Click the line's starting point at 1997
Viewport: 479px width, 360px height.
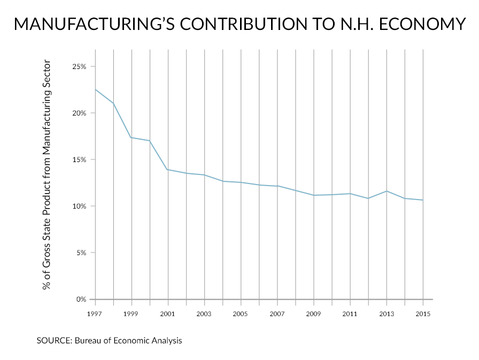click(x=95, y=89)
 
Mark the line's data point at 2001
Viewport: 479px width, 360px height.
click(x=168, y=170)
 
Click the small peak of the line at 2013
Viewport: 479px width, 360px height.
click(x=387, y=191)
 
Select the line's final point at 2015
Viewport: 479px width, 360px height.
click(x=423, y=200)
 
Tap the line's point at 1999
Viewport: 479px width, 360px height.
click(x=132, y=137)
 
